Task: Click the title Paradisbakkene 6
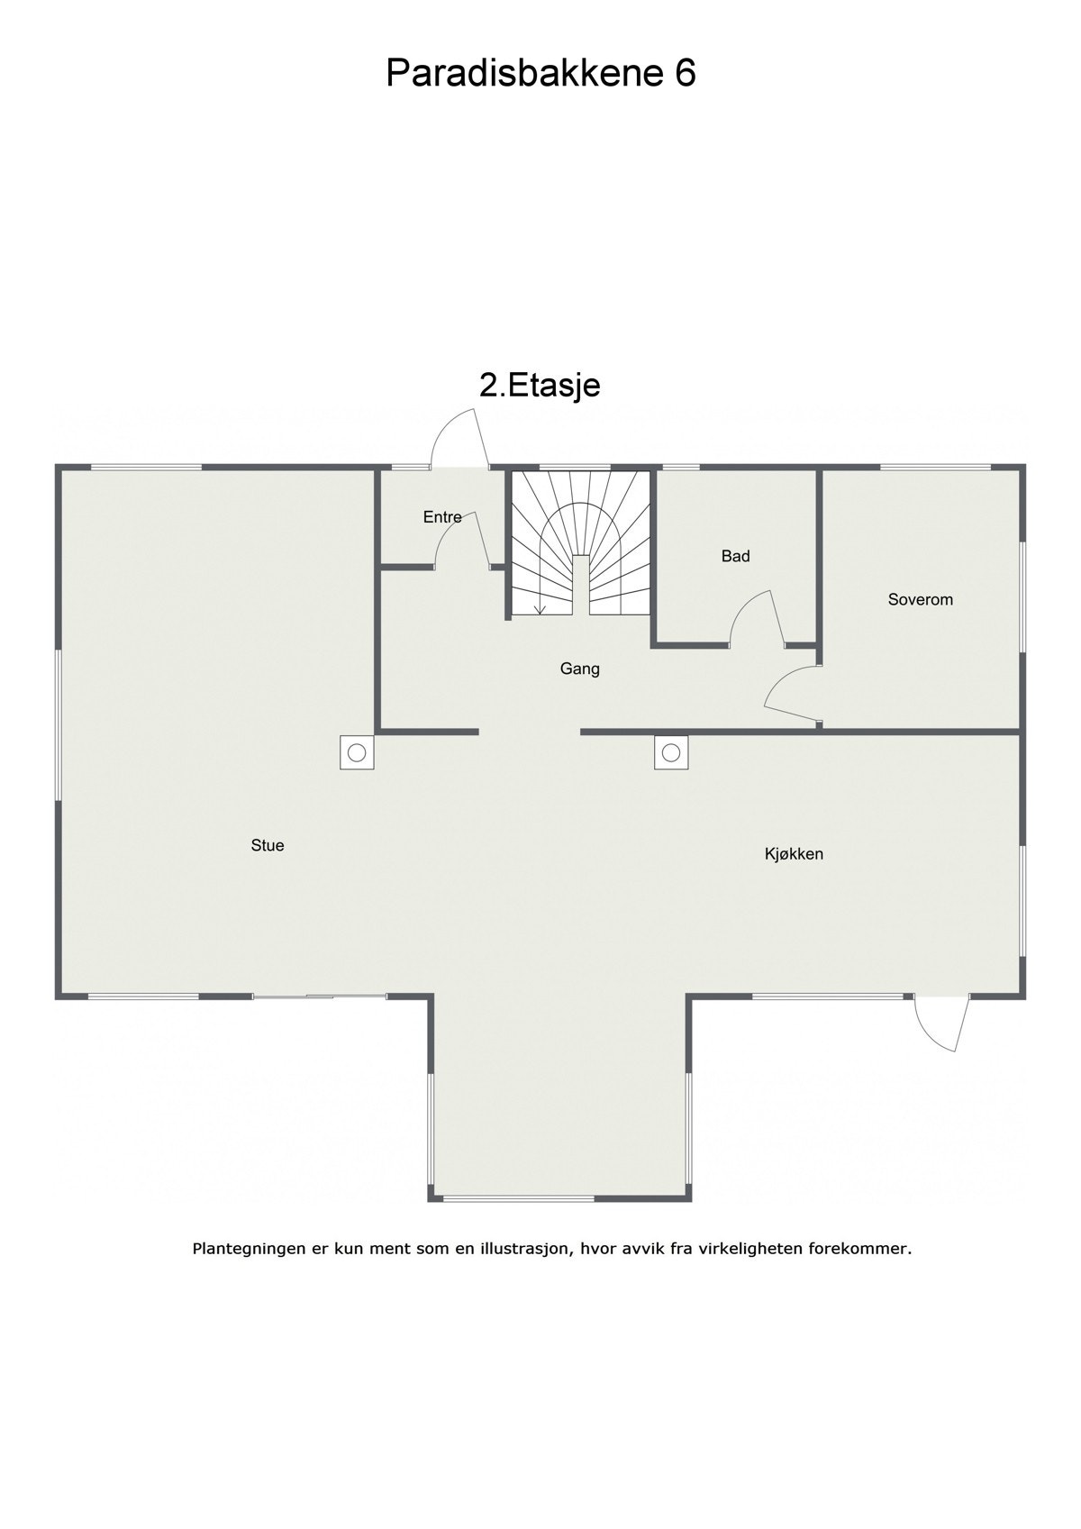(x=540, y=73)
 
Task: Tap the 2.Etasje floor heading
(x=540, y=386)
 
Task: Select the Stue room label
(x=268, y=845)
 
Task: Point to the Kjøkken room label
(x=794, y=854)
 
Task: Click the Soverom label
(x=920, y=599)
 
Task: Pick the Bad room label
(x=735, y=556)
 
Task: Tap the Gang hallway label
(x=579, y=669)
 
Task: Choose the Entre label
(x=442, y=517)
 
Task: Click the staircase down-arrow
(x=539, y=607)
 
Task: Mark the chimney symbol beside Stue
(x=357, y=751)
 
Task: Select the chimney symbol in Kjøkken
(x=670, y=751)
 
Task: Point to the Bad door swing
(x=757, y=618)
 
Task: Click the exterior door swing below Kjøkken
(x=940, y=1023)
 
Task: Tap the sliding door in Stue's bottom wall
(x=319, y=996)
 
